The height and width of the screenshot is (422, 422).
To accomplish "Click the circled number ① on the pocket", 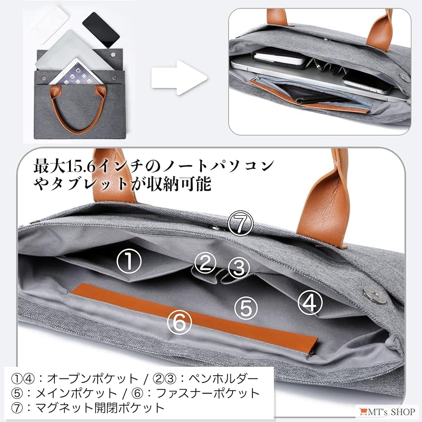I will click(129, 261).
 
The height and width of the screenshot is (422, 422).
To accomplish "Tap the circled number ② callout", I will click(205, 264).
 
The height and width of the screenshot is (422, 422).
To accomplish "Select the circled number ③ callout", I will click(238, 268).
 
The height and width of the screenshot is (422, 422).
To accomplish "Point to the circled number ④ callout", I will click(310, 303).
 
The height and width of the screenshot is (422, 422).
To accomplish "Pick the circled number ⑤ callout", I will click(246, 308).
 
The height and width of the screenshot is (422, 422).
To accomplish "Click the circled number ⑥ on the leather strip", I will click(180, 322).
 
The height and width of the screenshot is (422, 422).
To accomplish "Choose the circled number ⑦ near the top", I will click(240, 223).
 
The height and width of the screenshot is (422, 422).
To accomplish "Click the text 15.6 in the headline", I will click(81, 167).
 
